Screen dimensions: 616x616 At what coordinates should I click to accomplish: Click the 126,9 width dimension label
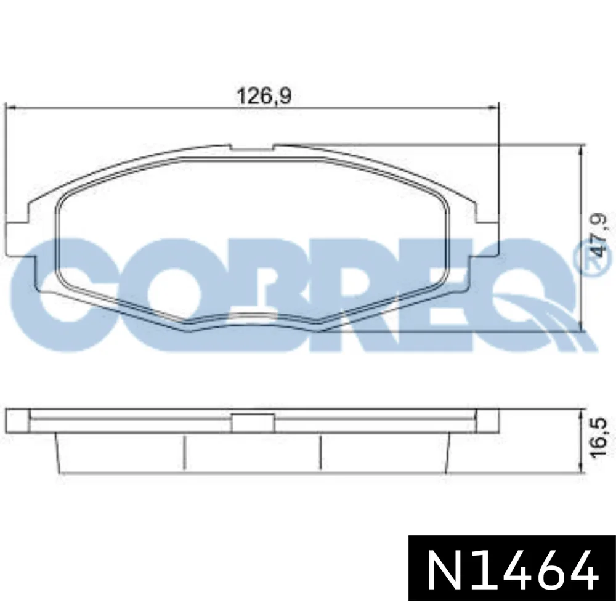(x=264, y=95)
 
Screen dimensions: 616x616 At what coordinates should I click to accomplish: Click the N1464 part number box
(x=512, y=568)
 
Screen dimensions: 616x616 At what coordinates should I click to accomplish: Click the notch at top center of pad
(x=252, y=147)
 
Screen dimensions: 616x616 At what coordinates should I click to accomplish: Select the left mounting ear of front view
(x=18, y=240)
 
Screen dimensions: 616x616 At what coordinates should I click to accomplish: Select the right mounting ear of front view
(x=487, y=240)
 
